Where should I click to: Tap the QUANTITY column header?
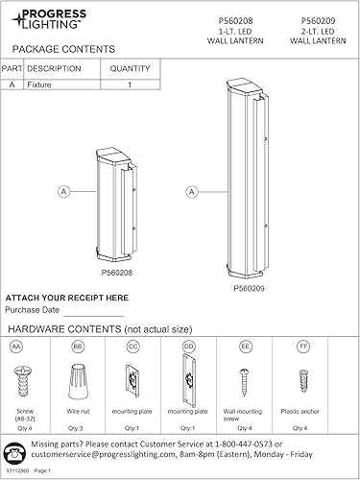130,69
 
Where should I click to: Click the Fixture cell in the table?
40,84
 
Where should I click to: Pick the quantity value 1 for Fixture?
130,84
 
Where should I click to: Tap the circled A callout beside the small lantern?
64,192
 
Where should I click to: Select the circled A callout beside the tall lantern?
192,192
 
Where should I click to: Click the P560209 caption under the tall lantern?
249,287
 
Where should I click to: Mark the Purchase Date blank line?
93,314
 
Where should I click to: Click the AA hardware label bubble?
16,345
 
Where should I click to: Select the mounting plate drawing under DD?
188,377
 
